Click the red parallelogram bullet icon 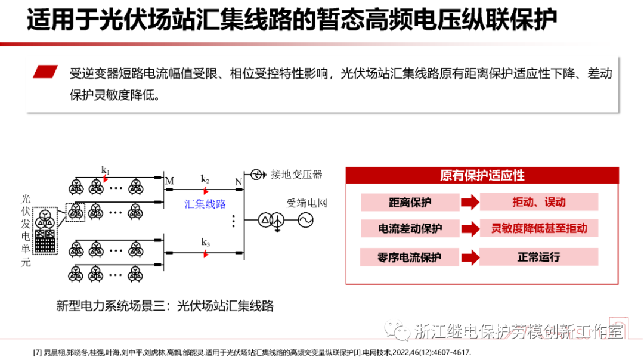point(45,72)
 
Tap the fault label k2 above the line point(205,179)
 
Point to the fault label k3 point(205,242)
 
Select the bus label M point(169,181)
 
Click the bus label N point(239,181)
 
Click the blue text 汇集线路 point(205,204)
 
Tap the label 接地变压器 point(296,174)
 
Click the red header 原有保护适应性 point(482,175)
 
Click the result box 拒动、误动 point(538,202)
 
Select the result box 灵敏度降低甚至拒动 point(538,229)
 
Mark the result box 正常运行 point(538,257)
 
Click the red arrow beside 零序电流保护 point(470,257)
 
